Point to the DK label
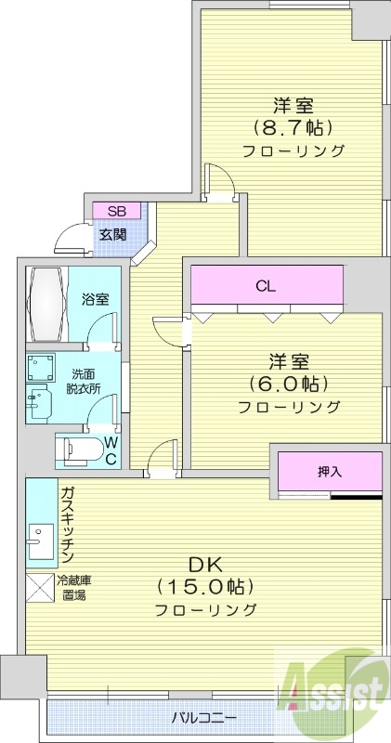(x=204, y=565)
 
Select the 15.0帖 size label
(x=205, y=587)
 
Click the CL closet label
(x=266, y=286)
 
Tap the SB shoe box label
(x=116, y=210)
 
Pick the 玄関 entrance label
(x=113, y=234)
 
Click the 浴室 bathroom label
(x=95, y=299)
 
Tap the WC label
(x=110, y=450)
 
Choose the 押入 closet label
(x=330, y=472)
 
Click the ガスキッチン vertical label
(x=68, y=526)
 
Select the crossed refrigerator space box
(x=40, y=590)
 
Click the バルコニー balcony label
(x=204, y=717)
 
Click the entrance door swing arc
(x=69, y=239)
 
